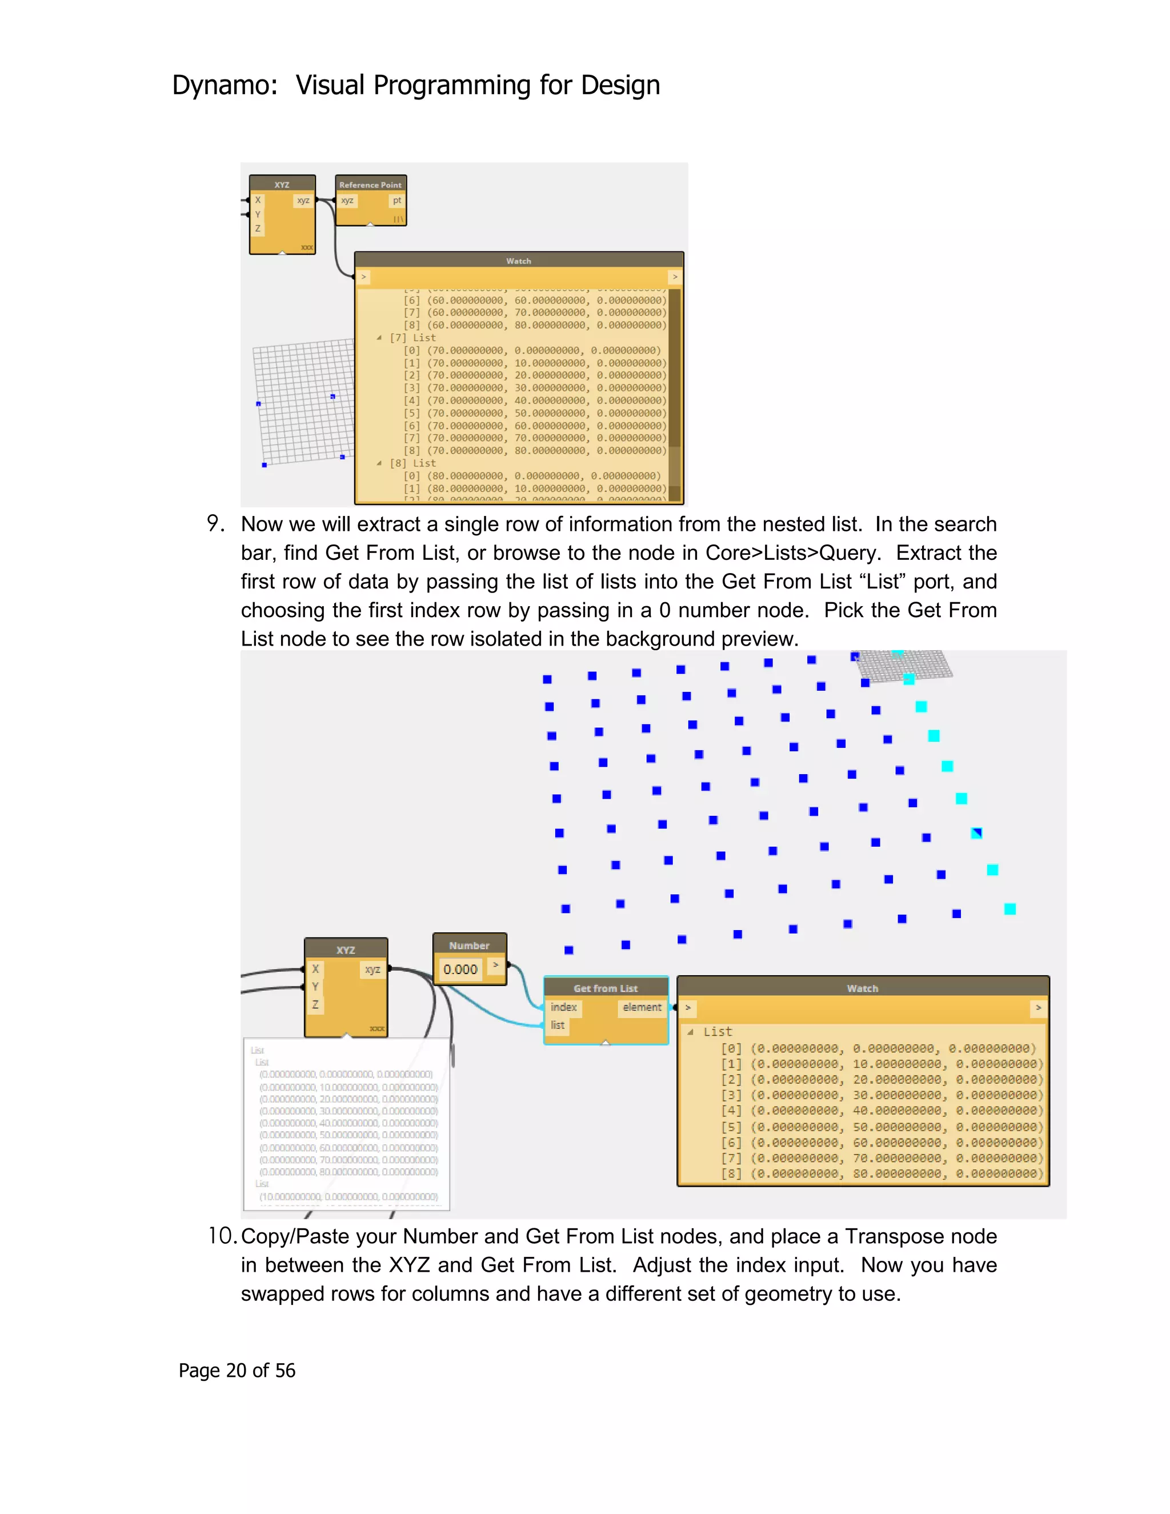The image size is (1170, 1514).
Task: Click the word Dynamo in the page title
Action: pos(221,85)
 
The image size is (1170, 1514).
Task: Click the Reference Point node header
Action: pos(370,185)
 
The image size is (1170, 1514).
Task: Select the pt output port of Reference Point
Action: pos(396,201)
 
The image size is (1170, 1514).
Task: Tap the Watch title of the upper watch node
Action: pos(519,261)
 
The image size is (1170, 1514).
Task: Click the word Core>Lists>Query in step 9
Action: pos(792,552)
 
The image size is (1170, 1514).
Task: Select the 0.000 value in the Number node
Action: pos(460,969)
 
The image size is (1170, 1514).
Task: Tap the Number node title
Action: pos(469,946)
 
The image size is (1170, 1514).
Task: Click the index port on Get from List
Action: pos(563,1007)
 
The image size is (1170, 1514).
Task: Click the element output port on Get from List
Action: pos(642,1007)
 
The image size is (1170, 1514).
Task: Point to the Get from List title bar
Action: pos(605,988)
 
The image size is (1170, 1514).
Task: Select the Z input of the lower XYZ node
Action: pos(315,1004)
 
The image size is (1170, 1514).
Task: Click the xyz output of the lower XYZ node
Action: pos(372,969)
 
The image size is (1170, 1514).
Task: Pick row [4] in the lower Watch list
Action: pos(880,1111)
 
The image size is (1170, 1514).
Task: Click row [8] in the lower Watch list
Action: pos(880,1173)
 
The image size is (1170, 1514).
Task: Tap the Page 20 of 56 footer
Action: pos(237,1370)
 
